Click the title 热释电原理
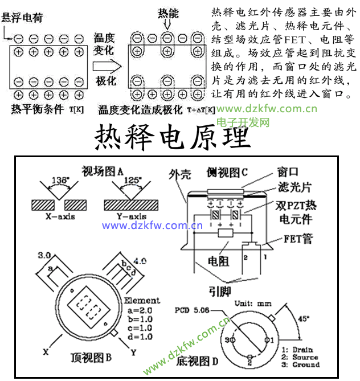point(171,136)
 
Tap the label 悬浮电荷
point(24,18)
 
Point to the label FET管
point(298,239)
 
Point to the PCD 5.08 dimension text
point(193,310)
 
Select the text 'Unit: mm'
point(252,304)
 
